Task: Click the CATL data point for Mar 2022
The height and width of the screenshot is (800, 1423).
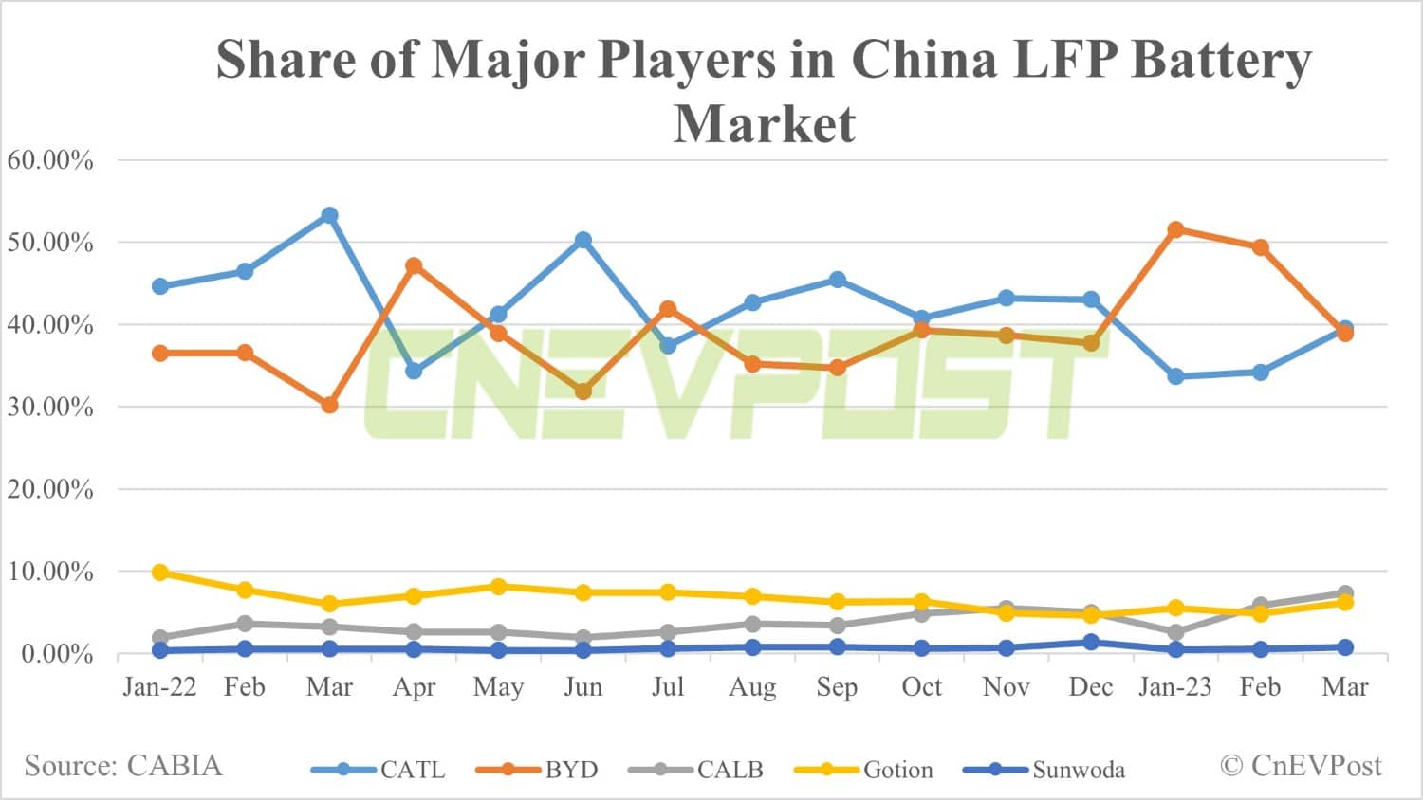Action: coord(329,215)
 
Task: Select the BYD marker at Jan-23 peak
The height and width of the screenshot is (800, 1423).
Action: coord(1175,229)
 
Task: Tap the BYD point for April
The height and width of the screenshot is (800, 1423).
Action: coord(414,266)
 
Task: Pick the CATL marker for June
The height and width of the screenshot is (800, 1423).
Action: coord(583,241)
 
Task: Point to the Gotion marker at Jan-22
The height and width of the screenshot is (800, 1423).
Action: coord(160,573)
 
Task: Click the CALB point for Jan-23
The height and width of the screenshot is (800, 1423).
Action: coord(1175,632)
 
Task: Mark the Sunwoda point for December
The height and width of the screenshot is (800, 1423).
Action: coord(1091,642)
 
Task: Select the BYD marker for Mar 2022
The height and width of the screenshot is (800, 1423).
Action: coord(329,405)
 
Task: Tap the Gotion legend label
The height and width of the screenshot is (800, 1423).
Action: coord(897,770)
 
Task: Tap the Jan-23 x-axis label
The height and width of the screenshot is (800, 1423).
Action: coord(1174,687)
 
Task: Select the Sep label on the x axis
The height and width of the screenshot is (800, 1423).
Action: coord(837,687)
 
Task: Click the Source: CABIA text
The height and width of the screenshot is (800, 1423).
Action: coord(123,766)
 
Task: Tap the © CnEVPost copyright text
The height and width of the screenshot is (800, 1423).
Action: coord(1301,766)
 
